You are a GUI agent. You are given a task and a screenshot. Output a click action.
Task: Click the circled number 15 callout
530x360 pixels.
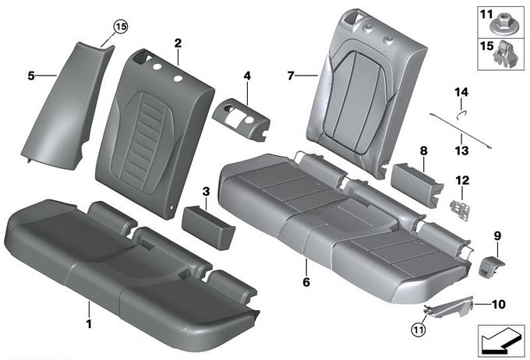(121, 26)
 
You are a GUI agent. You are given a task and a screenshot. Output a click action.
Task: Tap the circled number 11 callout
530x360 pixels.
(419, 330)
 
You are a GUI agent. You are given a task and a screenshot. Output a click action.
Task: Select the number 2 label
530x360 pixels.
(178, 44)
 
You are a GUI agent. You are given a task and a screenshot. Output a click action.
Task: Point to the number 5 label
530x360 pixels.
(31, 76)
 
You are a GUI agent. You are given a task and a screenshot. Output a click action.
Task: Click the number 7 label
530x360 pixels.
(291, 76)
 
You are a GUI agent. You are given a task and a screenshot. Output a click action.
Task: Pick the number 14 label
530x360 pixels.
(461, 92)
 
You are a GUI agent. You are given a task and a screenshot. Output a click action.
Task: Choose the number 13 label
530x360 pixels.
(461, 150)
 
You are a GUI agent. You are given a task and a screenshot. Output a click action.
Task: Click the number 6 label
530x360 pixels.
(306, 281)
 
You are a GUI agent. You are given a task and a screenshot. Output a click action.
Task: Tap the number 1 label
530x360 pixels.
(89, 324)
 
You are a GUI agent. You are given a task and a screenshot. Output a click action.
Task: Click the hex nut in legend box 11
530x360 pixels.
(500, 24)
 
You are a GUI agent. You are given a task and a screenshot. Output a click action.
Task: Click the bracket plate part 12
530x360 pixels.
(460, 210)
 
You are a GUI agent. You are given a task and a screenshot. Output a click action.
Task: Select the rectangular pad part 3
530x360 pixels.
(208, 227)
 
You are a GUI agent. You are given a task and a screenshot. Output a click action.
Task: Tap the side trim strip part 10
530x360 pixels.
(449, 307)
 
